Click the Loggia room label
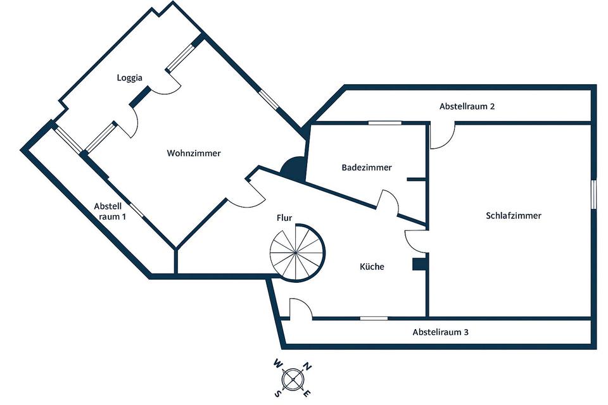[x=129, y=78]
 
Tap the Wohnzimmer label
[x=194, y=154]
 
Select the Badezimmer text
[x=367, y=168]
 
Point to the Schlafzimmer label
[x=514, y=216]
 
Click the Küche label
[x=372, y=267]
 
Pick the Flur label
[x=284, y=218]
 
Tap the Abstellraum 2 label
[x=467, y=106]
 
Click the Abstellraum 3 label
[x=441, y=332]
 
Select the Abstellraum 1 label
[x=110, y=211]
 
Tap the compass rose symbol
[x=292, y=379]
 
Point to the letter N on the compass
[x=308, y=366]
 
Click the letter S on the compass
[x=277, y=392]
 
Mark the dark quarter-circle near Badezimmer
[x=294, y=169]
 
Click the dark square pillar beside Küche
[x=418, y=265]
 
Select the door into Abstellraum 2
[x=441, y=136]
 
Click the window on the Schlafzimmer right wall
[x=594, y=193]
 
